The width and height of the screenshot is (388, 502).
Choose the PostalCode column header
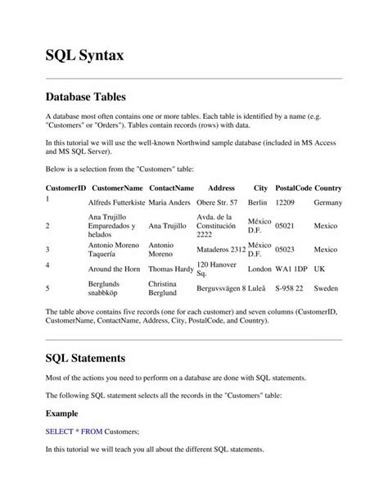coord(292,188)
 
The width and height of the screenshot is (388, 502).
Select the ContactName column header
coord(171,188)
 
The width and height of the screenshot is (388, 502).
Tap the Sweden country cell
coord(326,289)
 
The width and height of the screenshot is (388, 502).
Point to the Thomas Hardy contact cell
coord(170,269)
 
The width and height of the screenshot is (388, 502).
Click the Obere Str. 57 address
coord(218,202)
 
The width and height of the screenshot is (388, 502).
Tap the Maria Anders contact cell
coord(169,202)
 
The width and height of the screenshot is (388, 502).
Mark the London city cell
coord(259,269)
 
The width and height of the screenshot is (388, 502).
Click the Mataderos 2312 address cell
coord(221,250)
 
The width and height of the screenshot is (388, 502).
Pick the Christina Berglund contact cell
coord(168,289)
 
